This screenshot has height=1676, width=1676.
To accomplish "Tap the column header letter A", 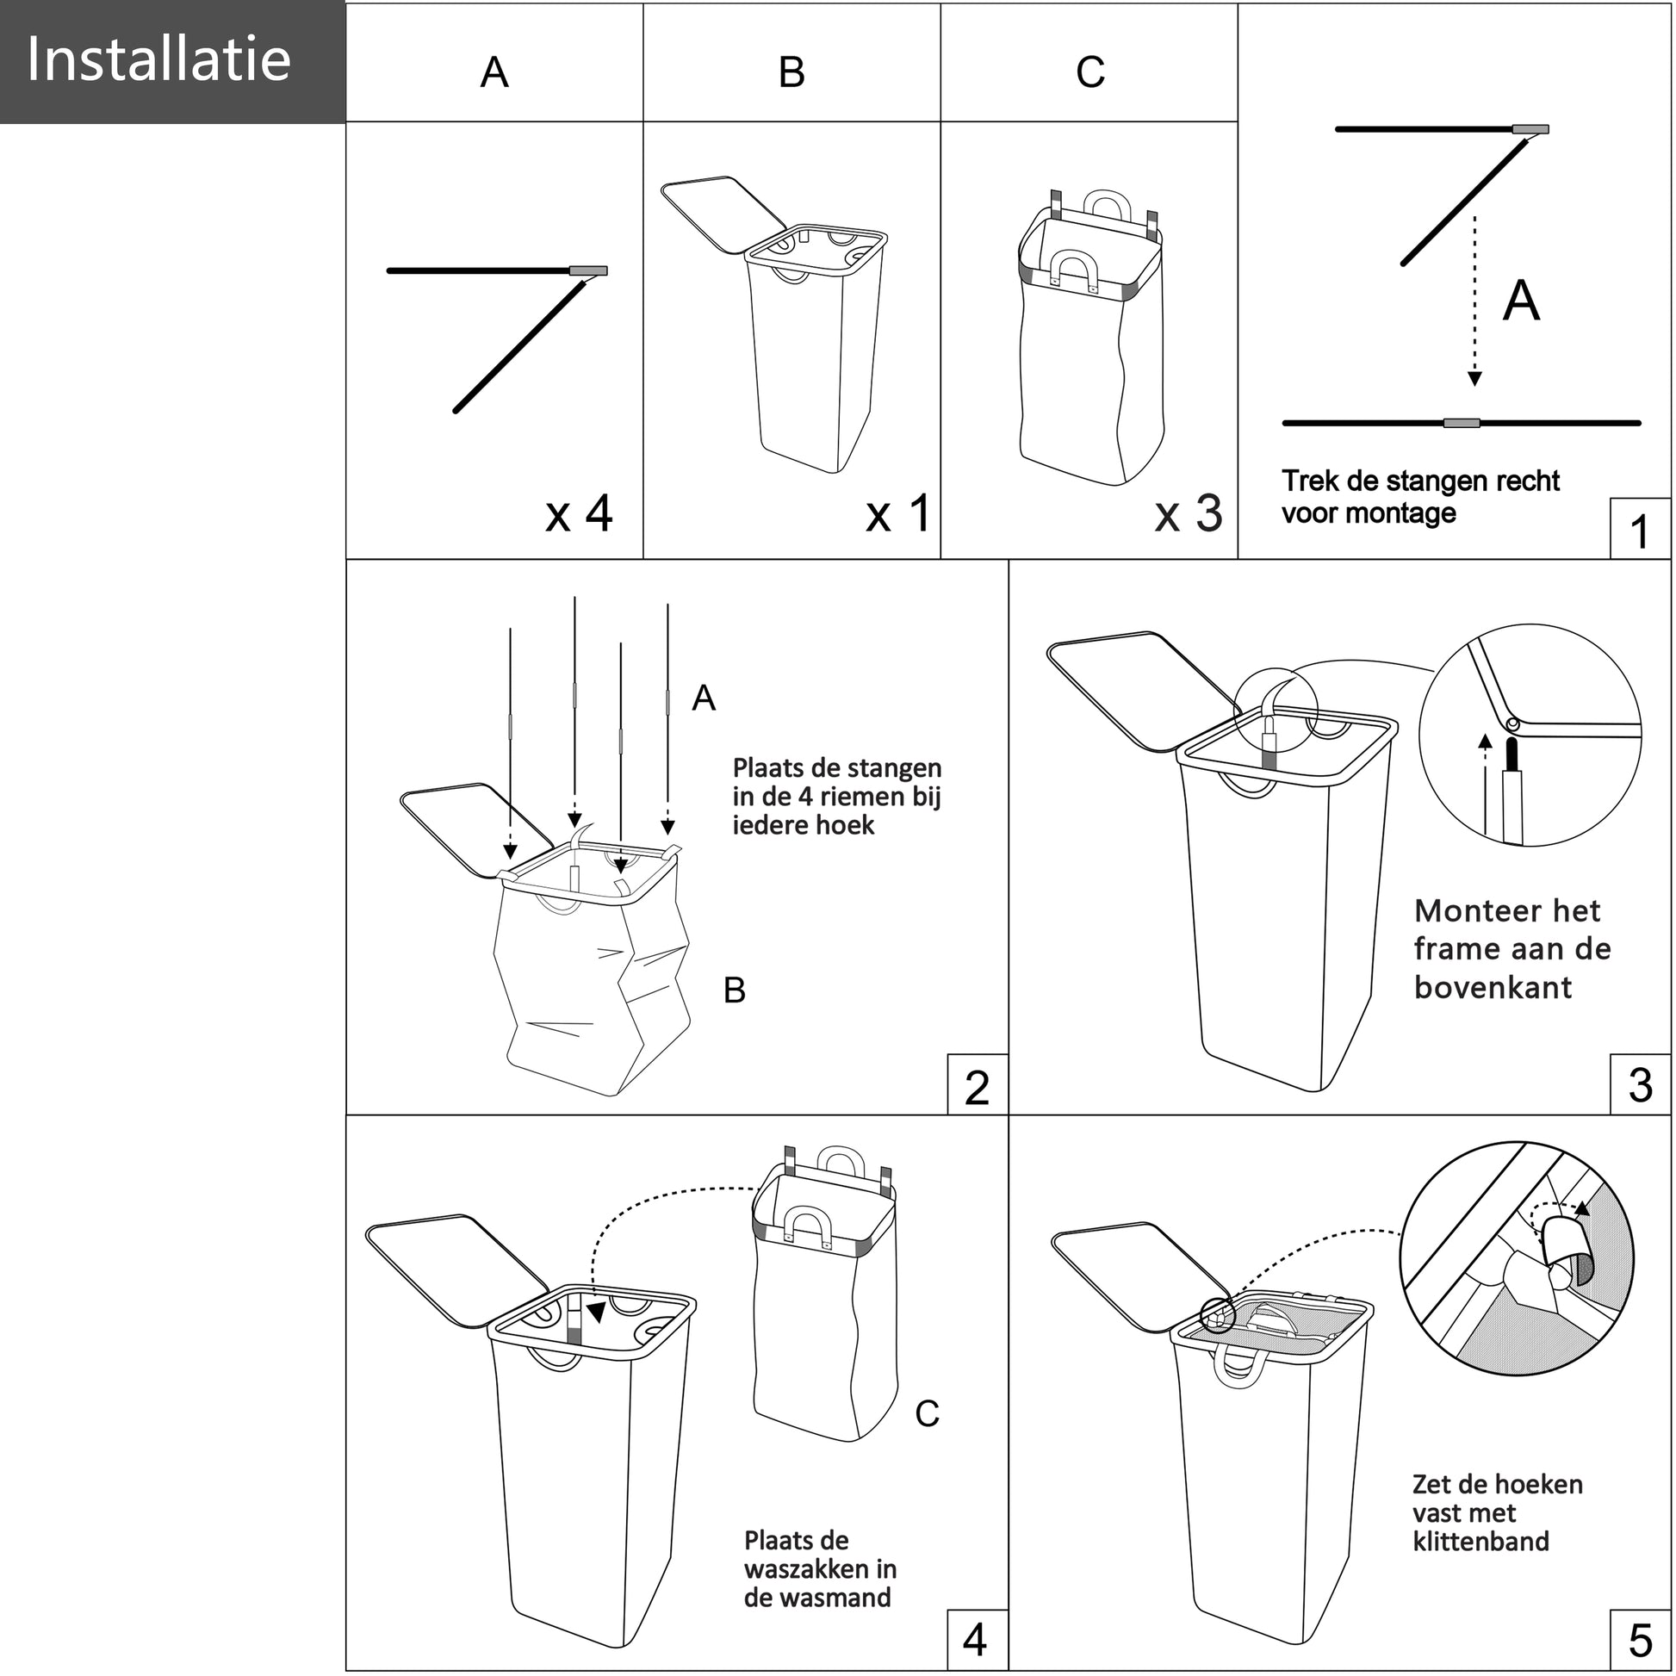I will (494, 72).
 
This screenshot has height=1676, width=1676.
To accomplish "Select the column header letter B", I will (791, 72).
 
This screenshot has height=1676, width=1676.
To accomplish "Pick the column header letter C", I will (1090, 72).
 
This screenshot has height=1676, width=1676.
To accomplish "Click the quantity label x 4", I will (579, 513).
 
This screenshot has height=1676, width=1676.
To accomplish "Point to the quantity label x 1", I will (897, 513).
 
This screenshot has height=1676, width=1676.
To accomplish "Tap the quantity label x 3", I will (1189, 513).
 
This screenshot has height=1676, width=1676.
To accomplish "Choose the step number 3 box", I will (1640, 1085).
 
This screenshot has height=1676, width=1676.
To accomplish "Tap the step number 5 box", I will (1640, 1641).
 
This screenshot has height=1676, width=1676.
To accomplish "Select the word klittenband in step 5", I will (1480, 1542).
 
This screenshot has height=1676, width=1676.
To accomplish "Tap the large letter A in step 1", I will (1521, 302).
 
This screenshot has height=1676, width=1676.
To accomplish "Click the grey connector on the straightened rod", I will (1461, 424).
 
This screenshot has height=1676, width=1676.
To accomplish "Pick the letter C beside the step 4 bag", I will (927, 1414).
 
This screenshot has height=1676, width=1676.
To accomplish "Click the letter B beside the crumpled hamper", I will (734, 990).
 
